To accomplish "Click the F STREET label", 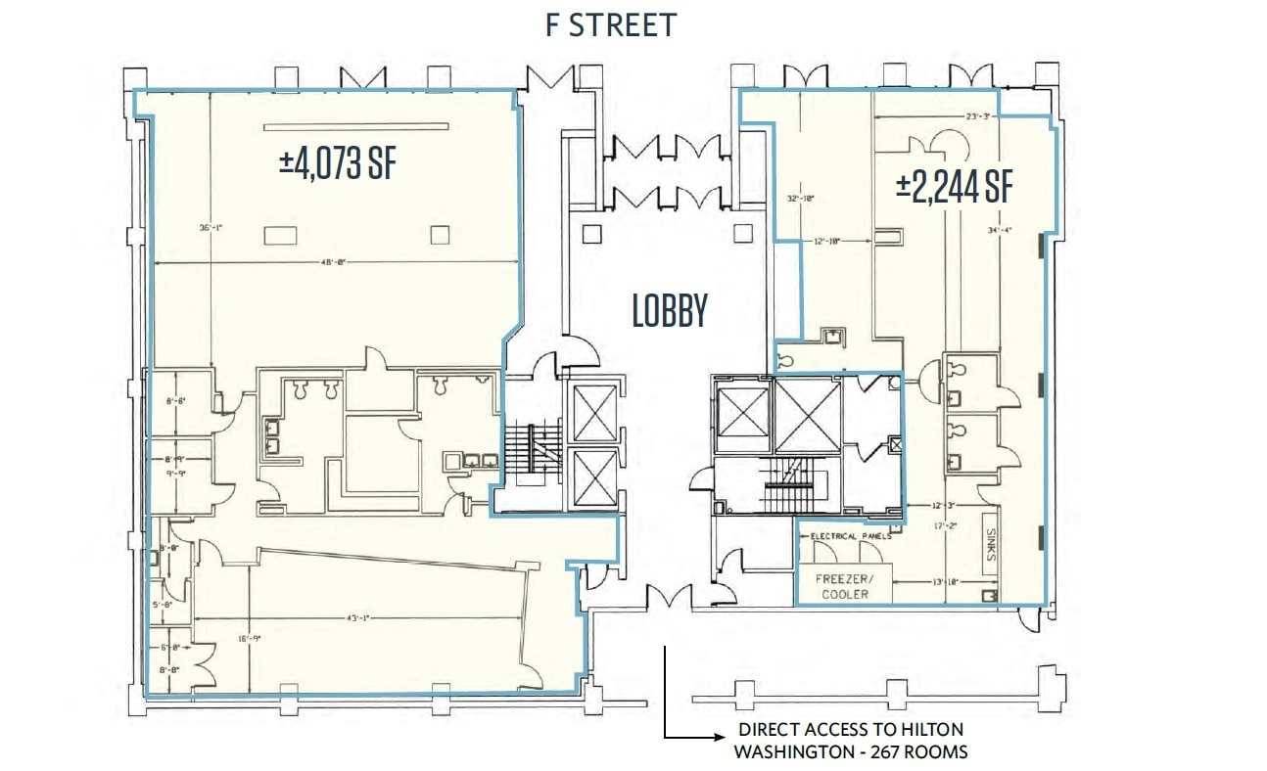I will coord(611,25).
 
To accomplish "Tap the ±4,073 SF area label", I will coord(338,161).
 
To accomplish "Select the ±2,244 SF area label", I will coord(954,186).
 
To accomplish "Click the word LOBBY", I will coord(670,311).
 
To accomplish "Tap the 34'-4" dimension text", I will coord(999,231).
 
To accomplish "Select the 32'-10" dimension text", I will coord(801,198).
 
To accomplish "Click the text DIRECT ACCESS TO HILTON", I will coord(851,729).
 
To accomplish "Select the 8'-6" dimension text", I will coord(175,399).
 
